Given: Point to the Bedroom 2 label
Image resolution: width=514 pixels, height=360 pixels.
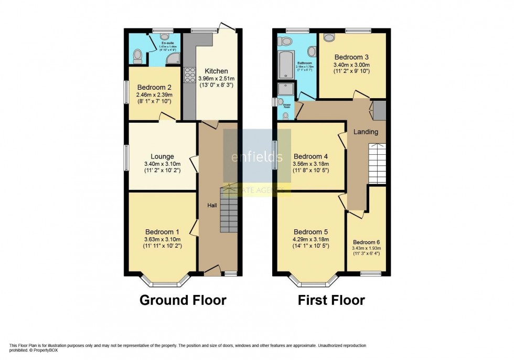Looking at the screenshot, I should (x=154, y=87).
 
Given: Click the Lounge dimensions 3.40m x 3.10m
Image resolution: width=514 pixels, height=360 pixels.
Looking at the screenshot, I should (x=162, y=163).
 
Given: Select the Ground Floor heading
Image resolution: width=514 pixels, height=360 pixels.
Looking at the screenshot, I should (x=183, y=300).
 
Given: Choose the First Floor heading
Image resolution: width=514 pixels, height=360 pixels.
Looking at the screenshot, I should (x=331, y=300).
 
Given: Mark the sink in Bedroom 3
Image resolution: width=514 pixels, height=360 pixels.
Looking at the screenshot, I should (x=329, y=37).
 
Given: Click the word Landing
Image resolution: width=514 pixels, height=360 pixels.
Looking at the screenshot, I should (x=366, y=132).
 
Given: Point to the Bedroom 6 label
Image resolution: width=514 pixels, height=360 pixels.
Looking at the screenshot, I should (x=367, y=242).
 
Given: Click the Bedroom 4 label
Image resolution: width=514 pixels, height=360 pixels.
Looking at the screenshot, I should (x=310, y=156).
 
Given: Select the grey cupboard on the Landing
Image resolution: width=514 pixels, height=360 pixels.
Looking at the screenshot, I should (x=379, y=110).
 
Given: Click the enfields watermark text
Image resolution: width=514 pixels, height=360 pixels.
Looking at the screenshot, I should (x=257, y=157).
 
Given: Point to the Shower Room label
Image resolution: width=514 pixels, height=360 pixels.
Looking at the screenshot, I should (x=287, y=104).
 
